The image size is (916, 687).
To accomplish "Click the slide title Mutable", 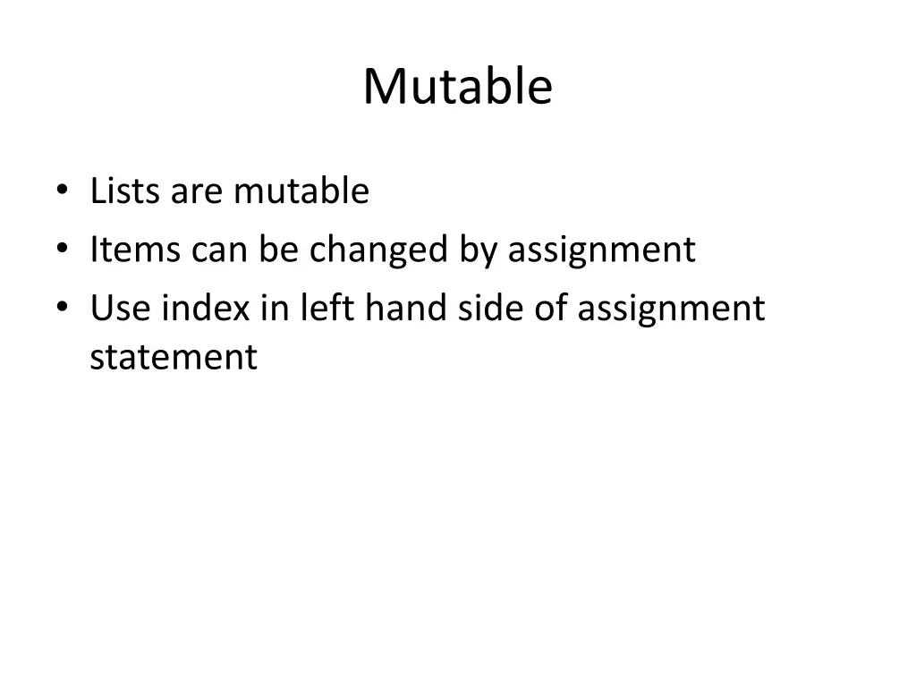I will (457, 87).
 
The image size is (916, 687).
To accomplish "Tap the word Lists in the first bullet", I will (124, 191).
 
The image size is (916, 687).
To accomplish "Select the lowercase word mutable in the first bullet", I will (301, 191).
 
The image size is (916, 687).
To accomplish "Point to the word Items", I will (135, 250).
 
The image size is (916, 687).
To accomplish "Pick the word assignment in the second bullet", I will (601, 250).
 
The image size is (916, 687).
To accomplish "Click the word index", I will (207, 309).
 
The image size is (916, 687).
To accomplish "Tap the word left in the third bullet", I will (326, 309).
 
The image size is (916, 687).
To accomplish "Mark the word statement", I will (174, 357).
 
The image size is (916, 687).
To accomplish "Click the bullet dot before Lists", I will (61, 191).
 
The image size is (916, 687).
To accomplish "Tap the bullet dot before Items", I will (61, 250).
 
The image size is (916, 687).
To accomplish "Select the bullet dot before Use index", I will (61, 309).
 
